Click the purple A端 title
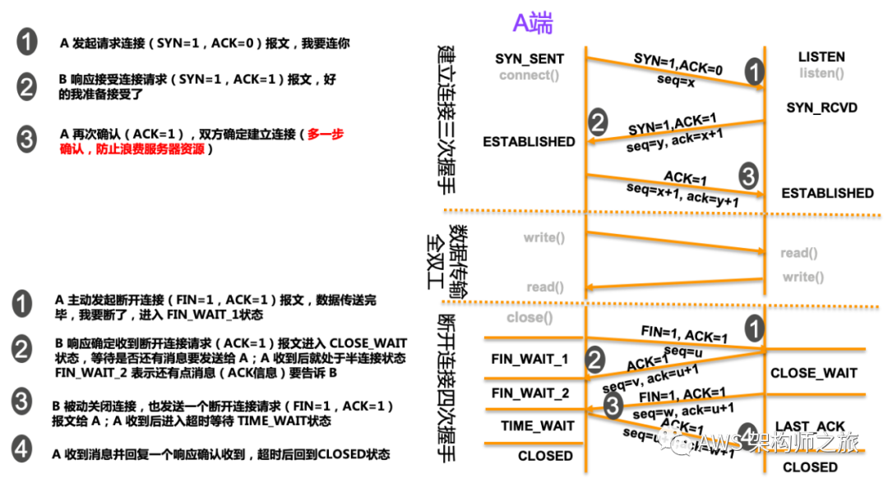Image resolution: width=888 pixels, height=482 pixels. [533, 23]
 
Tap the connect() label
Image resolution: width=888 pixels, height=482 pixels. [529, 75]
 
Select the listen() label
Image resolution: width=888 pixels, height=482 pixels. [821, 72]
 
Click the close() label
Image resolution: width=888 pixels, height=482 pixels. [529, 317]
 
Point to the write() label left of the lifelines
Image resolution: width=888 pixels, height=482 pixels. [543, 238]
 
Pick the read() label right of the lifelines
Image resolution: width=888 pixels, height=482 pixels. [798, 253]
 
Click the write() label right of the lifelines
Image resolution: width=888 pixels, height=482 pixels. [802, 277]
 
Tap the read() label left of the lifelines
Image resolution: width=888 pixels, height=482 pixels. [544, 287]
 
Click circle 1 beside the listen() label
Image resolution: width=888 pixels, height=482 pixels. [754, 71]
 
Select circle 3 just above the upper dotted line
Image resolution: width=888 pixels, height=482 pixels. [747, 175]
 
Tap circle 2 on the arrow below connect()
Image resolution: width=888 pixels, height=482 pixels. [598, 122]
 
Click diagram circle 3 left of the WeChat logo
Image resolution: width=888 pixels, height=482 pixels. [613, 404]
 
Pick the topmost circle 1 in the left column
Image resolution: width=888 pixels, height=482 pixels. [27, 41]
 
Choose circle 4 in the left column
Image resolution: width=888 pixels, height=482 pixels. [22, 448]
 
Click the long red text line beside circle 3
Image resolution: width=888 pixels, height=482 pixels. [132, 149]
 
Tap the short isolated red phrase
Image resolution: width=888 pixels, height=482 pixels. [326, 134]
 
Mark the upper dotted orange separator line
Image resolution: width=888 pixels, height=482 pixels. [658, 211]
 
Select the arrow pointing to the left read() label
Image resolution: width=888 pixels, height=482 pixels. [674, 282]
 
